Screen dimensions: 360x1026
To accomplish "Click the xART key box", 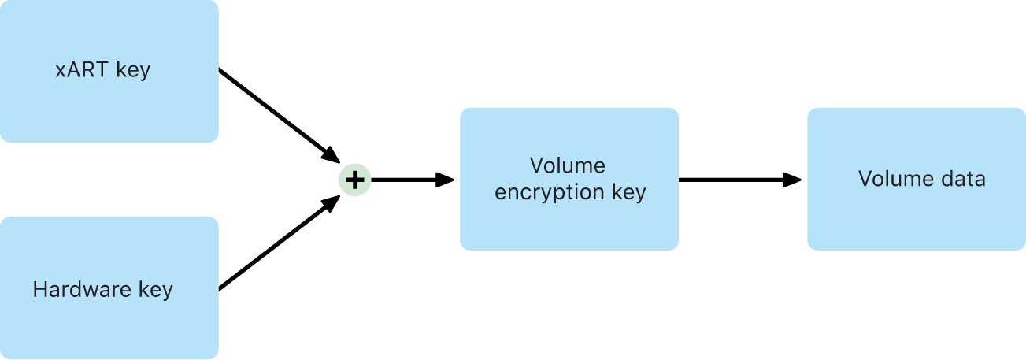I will [109, 71].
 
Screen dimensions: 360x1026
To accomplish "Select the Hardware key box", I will [109, 288].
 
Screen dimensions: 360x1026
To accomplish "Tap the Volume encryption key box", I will [569, 179].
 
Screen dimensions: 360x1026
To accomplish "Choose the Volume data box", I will [917, 179].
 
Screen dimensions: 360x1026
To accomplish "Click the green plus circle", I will [354, 180].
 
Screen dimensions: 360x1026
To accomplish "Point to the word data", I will [963, 179].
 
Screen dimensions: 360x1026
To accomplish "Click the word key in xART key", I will [133, 71].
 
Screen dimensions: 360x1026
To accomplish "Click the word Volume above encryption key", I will [568, 166].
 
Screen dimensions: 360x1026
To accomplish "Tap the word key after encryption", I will [630, 193].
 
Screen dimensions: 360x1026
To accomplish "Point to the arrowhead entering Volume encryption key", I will [446, 180].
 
